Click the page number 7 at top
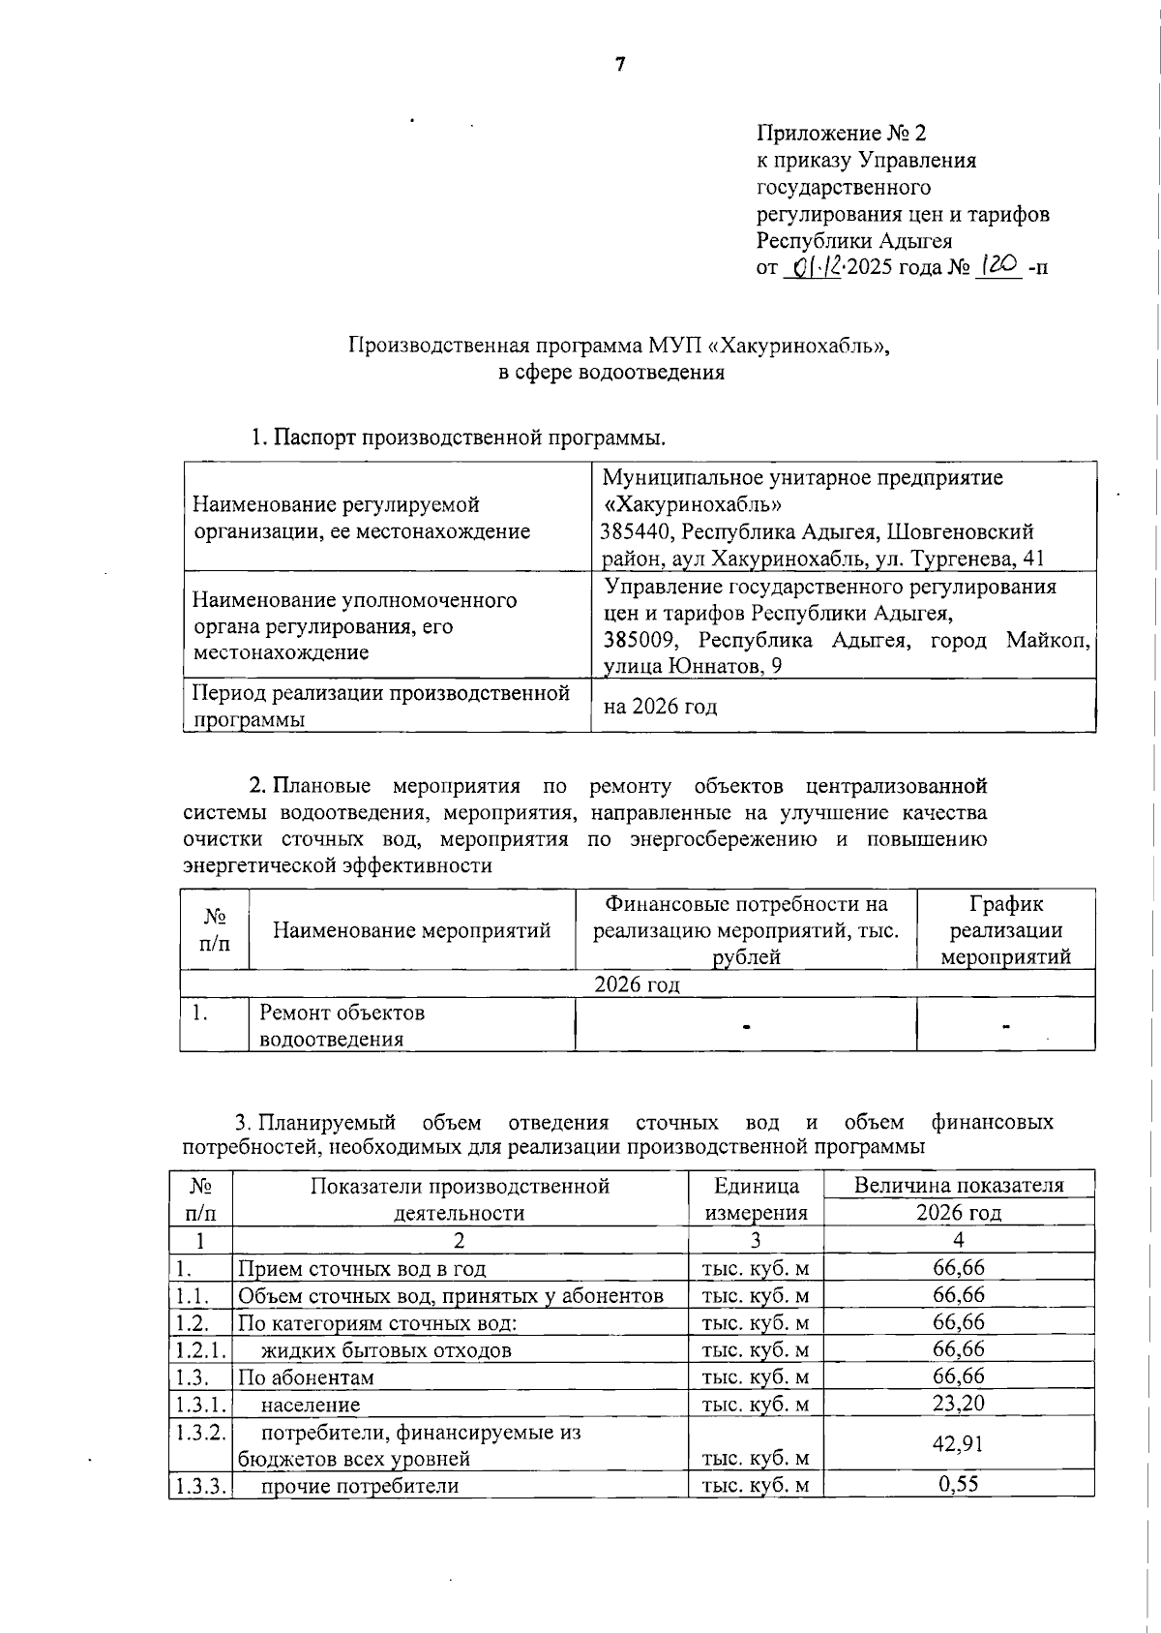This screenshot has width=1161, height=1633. [x=620, y=65]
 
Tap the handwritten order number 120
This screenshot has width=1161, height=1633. [x=999, y=266]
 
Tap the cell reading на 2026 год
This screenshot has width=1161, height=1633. [x=660, y=706]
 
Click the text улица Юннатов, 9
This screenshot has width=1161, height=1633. [x=693, y=666]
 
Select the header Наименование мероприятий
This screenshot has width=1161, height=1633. [x=411, y=930]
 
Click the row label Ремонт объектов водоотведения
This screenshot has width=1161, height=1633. [x=342, y=1026]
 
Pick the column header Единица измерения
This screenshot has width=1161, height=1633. [x=756, y=1199]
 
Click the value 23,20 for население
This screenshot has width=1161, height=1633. [x=958, y=1403]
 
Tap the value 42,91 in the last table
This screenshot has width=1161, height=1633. [x=958, y=1443]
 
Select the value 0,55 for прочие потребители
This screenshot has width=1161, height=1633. [x=958, y=1484]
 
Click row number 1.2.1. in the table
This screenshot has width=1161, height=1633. [x=200, y=1348]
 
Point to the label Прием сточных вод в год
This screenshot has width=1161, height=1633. [x=362, y=1268]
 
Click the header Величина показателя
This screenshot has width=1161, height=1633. [x=958, y=1185]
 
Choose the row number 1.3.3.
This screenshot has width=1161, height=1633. [x=200, y=1485]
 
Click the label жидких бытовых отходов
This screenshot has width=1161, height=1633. [x=386, y=1349]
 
